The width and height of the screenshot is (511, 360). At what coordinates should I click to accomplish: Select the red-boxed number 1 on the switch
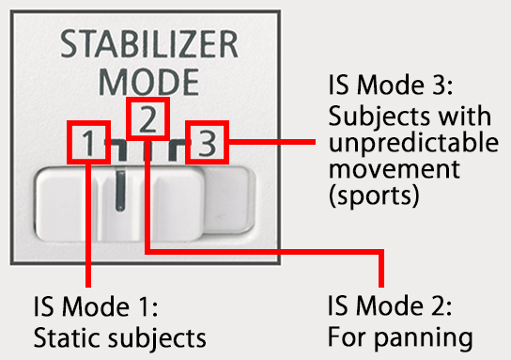pos(86,144)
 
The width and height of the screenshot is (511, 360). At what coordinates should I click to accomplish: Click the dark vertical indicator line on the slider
pos(118,193)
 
